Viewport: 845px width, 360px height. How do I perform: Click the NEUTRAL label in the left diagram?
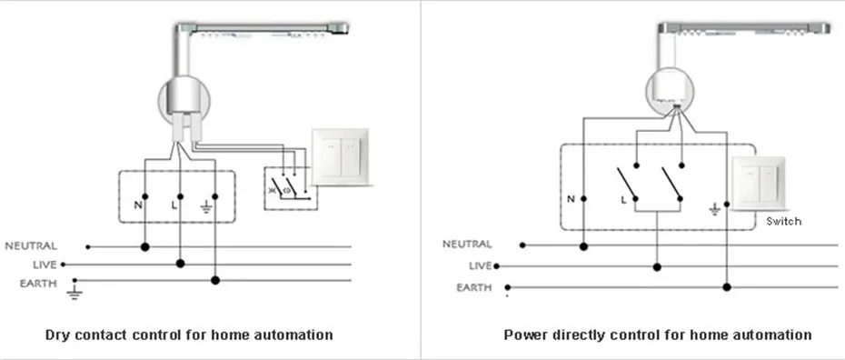point(31,246)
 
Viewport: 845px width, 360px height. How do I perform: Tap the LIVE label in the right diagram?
point(481,265)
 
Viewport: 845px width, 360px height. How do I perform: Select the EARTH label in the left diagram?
point(38,284)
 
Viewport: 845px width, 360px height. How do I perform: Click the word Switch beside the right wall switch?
point(783,221)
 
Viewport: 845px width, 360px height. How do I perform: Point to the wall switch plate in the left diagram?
point(340,157)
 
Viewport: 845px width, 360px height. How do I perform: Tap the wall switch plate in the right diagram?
point(759,184)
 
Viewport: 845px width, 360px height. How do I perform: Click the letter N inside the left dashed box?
point(138,205)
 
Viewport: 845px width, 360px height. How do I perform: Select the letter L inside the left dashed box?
point(174,205)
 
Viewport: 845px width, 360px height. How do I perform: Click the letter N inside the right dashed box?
point(571,199)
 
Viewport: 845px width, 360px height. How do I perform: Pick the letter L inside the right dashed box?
point(623,199)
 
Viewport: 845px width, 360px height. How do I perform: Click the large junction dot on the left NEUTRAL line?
point(144,247)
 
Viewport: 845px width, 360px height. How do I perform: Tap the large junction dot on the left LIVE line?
point(181,264)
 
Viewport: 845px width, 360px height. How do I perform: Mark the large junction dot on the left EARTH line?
point(215,280)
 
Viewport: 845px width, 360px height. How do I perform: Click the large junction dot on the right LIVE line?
point(656,266)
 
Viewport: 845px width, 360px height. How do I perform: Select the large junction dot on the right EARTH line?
point(727,286)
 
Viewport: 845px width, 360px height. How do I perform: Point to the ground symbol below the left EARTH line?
point(75,293)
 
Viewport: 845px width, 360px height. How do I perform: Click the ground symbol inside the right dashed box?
point(714,209)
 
